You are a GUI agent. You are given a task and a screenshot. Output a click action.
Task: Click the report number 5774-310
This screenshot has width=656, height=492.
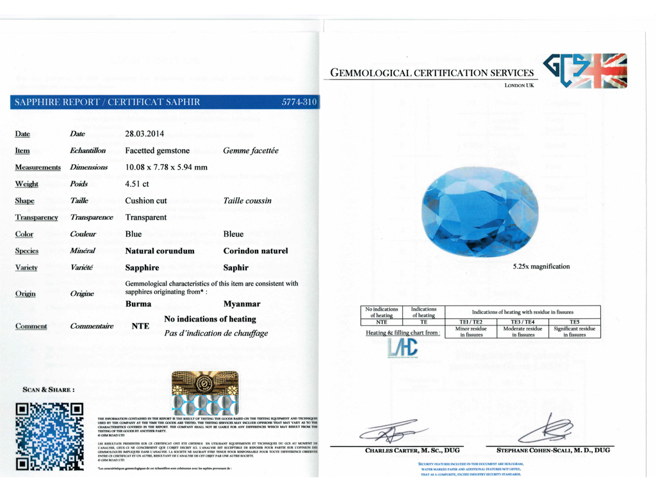[x=299, y=102]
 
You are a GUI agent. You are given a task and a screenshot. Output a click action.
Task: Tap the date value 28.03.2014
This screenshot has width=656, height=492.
[x=144, y=134]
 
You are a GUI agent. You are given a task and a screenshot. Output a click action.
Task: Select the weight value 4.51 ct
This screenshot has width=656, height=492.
[x=137, y=184]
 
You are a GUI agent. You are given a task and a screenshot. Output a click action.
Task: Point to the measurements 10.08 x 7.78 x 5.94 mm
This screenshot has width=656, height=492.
[x=166, y=167]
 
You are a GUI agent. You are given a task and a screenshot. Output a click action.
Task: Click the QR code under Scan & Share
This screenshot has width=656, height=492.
[x=49, y=438]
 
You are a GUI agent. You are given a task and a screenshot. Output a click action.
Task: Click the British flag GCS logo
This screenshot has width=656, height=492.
[x=585, y=70]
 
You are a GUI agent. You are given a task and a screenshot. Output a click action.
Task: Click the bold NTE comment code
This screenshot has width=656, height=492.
[x=141, y=325]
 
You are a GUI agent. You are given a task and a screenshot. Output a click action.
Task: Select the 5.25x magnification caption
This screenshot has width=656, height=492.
[x=541, y=266]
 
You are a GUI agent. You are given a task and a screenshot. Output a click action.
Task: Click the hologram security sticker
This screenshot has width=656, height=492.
[x=205, y=392]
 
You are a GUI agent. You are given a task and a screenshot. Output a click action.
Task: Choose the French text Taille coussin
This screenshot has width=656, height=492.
[x=247, y=201]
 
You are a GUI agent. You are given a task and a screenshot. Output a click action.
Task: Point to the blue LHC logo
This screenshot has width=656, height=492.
[x=402, y=348]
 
